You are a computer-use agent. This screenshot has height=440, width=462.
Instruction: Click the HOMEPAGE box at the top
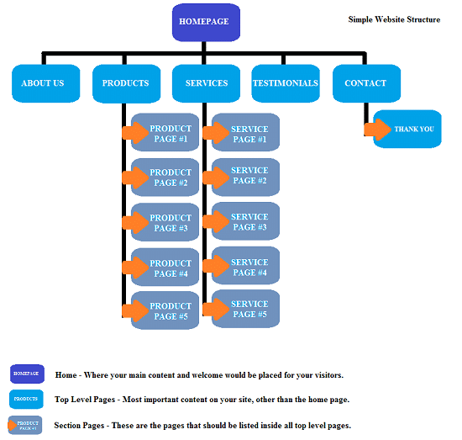[x=205, y=21]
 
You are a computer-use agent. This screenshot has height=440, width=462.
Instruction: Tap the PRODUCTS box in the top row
[x=126, y=83]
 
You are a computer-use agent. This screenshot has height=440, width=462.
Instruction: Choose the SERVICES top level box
[x=206, y=83]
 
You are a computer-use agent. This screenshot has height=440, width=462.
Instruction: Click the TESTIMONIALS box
[x=286, y=83]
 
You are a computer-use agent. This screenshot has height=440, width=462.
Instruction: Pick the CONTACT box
[x=365, y=83]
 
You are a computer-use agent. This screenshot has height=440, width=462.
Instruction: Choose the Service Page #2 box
[x=249, y=176]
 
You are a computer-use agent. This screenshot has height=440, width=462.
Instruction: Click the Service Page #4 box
[x=249, y=267]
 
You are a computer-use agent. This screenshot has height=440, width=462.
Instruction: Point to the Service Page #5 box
[x=249, y=310]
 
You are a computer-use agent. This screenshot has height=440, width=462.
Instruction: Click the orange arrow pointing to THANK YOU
[x=375, y=130]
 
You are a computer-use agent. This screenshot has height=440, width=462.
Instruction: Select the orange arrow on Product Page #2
[x=134, y=178]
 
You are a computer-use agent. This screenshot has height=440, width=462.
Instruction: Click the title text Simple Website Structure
[x=394, y=19]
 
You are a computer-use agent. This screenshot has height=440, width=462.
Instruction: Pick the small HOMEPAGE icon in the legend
[x=27, y=374]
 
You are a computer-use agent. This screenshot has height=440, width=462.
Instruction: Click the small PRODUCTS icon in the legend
[x=27, y=399]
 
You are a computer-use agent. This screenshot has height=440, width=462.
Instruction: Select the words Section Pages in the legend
[x=80, y=426]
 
